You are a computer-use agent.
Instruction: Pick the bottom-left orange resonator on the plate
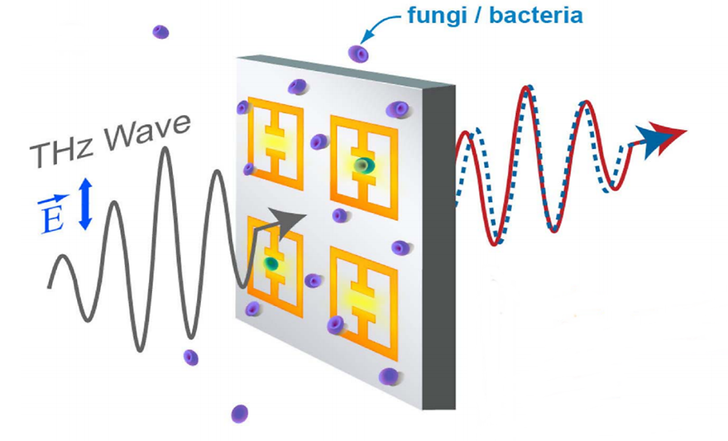point(273,264)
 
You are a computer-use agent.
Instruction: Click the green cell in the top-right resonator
point(362,166)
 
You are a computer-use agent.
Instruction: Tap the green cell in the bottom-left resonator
point(269,264)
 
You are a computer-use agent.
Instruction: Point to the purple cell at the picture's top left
point(160,31)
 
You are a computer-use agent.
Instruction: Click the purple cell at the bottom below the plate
point(240,413)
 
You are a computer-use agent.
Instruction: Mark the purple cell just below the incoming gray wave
point(190,357)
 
